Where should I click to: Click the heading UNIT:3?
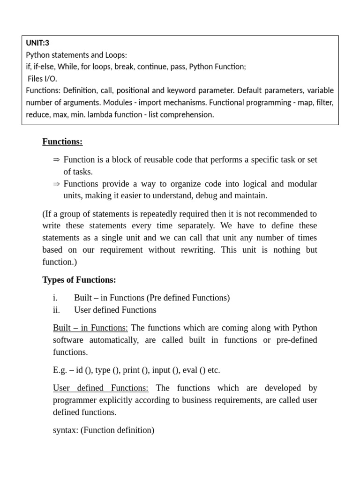37,43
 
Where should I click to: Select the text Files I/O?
43,79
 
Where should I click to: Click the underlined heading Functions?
62,142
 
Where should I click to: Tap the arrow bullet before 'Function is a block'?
57,160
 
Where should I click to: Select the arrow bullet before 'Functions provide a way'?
57,184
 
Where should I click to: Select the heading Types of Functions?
79,280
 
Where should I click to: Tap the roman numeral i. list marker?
55,298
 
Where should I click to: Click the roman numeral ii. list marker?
57,310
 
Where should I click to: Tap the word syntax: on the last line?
66,430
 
